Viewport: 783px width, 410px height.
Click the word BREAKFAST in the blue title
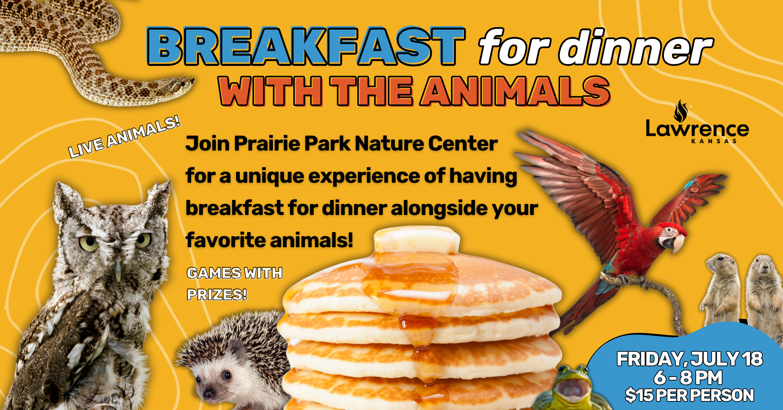click(x=306, y=46)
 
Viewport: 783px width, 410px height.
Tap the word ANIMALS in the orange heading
click(x=515, y=91)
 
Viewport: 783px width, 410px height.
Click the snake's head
click(x=179, y=85)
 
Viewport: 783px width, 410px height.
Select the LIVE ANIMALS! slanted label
click(x=124, y=137)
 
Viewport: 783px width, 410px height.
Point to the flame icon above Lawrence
click(x=681, y=111)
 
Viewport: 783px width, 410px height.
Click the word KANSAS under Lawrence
click(x=714, y=141)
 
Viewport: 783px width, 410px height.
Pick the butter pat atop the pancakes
click(x=417, y=240)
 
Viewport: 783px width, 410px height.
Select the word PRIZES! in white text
click(x=217, y=294)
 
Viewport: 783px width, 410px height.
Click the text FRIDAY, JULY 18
click(x=689, y=359)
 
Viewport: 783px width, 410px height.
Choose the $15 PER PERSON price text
click(x=689, y=395)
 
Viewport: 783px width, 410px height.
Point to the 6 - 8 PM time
click(x=688, y=377)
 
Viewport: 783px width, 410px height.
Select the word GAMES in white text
click(x=214, y=273)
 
